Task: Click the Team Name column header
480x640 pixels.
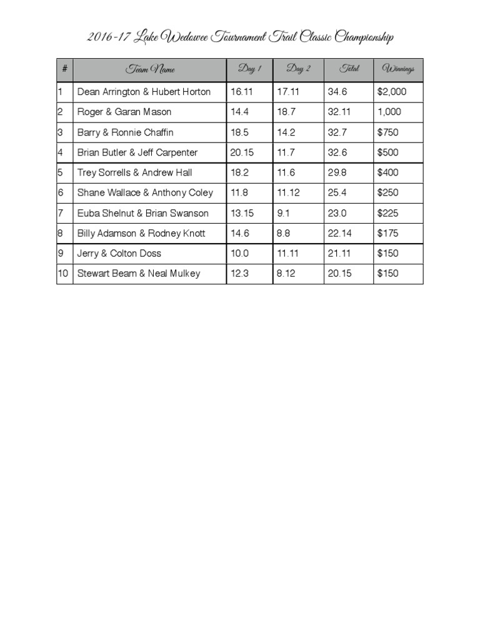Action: point(150,69)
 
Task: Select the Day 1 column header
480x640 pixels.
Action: point(249,69)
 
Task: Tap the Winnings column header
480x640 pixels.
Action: point(398,69)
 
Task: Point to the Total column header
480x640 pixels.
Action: point(349,69)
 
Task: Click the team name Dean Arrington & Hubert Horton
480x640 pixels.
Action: point(144,92)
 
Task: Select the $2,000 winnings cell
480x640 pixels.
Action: point(392,92)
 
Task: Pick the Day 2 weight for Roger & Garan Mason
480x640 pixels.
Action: point(286,112)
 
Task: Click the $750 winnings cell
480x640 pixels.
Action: point(387,132)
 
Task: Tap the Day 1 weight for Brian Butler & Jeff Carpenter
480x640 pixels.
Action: point(242,152)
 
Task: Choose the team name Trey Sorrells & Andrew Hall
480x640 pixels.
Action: point(134,172)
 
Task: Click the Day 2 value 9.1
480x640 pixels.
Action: point(284,213)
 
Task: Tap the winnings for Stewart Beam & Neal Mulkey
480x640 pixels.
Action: point(387,273)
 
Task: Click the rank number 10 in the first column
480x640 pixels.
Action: point(63,273)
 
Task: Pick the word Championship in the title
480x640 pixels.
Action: point(364,38)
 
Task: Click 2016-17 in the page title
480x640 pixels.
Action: point(108,38)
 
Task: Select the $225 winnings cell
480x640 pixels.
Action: point(387,213)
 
